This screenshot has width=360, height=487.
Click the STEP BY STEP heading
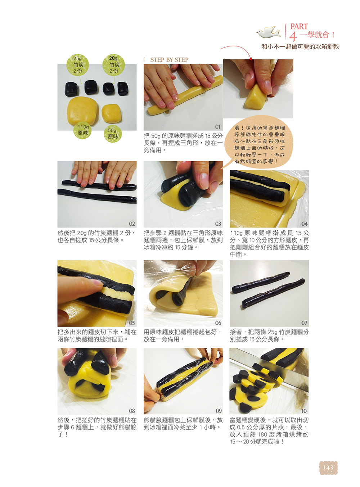(169, 60)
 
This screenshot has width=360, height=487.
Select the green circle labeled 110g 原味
(83, 130)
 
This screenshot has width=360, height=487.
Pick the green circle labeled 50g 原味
(113, 134)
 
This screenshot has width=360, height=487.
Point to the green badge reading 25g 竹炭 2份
(77, 65)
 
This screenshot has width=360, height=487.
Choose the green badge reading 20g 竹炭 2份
(113, 65)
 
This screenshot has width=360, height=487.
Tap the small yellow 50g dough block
(111, 113)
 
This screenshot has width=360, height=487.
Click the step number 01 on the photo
(218, 127)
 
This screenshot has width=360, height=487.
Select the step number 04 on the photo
(304, 224)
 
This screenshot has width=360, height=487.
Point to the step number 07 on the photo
(304, 323)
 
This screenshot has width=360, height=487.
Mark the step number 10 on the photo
(304, 411)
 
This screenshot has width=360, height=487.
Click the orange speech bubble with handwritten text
(259, 143)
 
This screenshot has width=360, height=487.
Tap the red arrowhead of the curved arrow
(250, 59)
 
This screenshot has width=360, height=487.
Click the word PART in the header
(299, 27)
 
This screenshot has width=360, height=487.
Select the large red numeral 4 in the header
(293, 36)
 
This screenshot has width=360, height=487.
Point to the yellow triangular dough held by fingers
(256, 97)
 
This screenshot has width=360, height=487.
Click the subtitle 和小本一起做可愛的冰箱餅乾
(300, 47)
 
